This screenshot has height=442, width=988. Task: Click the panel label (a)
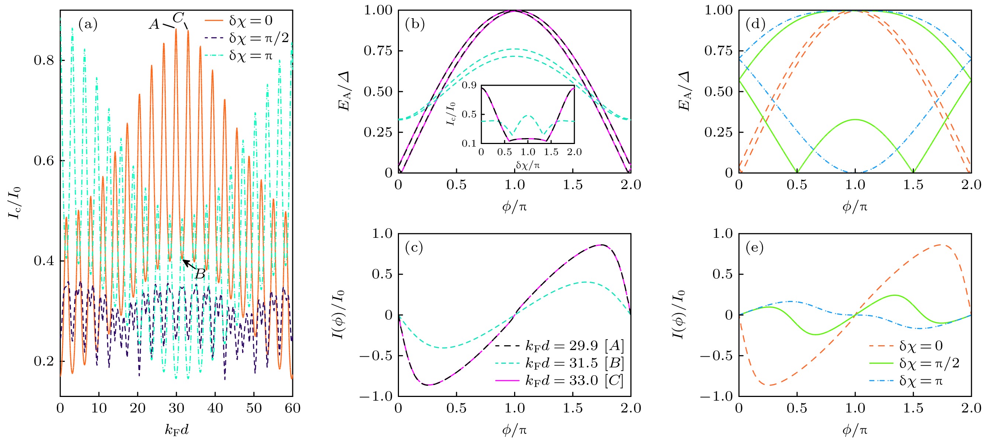88,24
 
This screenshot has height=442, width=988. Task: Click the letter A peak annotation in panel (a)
154,24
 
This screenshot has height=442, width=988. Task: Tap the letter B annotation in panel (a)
200,274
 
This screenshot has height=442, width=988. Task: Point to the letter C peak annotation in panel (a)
178,18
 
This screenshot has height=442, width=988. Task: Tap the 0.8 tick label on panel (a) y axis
43,60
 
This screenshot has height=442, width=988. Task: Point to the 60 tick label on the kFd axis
292,408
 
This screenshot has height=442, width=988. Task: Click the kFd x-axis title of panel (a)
177,430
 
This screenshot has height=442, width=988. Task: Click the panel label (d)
755,24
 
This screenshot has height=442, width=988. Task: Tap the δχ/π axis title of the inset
527,165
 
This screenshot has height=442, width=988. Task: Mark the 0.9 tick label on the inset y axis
469,86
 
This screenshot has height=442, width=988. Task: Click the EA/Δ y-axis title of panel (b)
344,91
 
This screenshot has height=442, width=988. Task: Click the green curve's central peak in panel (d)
855,120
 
